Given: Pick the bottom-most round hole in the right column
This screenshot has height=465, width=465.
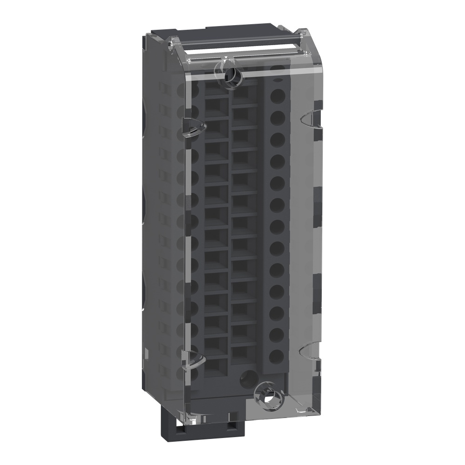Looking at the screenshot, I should [277, 356].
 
